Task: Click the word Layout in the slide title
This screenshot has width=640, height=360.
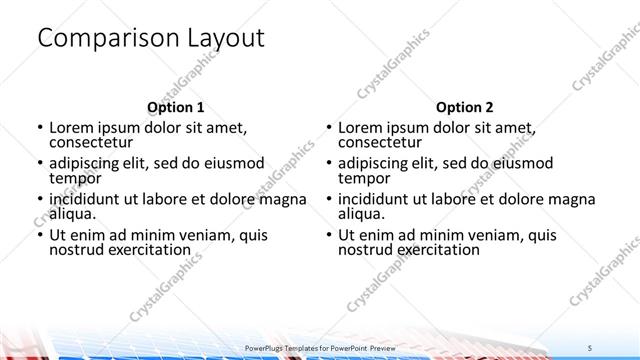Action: click(x=225, y=38)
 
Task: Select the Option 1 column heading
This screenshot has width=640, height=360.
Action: click(x=175, y=106)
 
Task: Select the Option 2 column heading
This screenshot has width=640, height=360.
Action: click(x=464, y=106)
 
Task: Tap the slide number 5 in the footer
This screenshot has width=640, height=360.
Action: click(x=591, y=347)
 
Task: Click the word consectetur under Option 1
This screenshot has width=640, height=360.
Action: click(x=92, y=142)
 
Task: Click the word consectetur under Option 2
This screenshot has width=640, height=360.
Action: click(x=381, y=142)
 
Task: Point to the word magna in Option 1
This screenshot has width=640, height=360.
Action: click(x=283, y=199)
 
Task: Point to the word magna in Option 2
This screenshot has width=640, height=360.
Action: click(x=572, y=199)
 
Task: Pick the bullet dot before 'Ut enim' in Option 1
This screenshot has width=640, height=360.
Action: click(x=38, y=235)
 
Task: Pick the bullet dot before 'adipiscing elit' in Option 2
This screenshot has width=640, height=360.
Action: click(x=327, y=163)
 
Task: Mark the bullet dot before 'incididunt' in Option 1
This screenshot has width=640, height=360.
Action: click(x=38, y=199)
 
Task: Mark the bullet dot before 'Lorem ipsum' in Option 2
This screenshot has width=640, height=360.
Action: click(x=327, y=128)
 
